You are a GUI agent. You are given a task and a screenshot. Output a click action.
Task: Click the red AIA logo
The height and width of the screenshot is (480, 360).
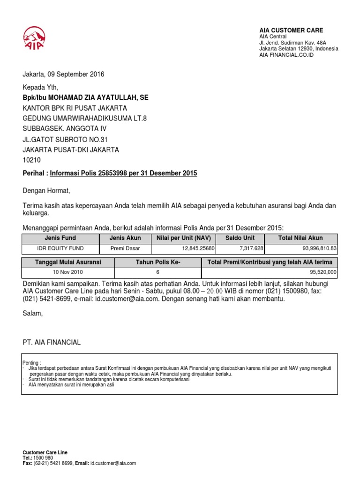34,37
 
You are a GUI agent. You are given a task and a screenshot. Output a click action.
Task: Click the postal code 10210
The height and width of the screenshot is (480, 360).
32,160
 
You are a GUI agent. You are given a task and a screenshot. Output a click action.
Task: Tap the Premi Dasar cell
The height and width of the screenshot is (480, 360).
125,248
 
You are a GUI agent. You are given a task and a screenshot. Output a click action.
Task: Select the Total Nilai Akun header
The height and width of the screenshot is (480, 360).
300,238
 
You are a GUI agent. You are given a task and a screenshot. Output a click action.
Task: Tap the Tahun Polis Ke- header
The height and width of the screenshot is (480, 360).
158,262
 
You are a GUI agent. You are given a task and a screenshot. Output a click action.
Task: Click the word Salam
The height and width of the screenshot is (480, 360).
32,313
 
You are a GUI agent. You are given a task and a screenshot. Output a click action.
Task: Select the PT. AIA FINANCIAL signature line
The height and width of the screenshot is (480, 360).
52,343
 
